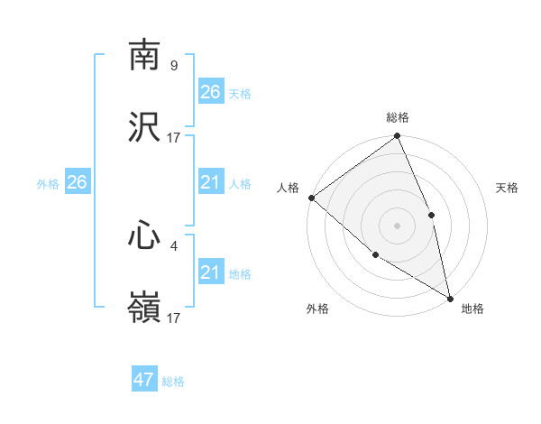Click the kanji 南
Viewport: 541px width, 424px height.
tap(144, 56)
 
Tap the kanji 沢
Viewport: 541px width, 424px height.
tap(144, 127)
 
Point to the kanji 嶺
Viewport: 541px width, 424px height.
tap(144, 308)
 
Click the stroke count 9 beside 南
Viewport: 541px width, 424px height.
tap(173, 65)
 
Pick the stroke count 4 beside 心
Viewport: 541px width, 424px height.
tap(173, 244)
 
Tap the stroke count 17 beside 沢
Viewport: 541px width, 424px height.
tap(174, 137)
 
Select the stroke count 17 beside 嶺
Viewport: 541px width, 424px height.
tap(174, 318)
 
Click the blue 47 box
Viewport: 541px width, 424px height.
tap(144, 380)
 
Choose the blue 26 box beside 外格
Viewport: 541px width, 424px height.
tap(77, 182)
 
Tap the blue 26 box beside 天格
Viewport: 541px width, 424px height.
tap(211, 92)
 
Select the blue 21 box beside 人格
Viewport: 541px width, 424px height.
tap(211, 182)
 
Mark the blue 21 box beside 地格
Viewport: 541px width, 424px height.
tap(211, 272)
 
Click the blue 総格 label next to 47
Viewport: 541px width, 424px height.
tap(173, 382)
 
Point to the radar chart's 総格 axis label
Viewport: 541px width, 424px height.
tap(398, 117)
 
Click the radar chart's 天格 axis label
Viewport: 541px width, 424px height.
tap(508, 188)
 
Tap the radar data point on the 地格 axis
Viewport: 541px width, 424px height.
tap(450, 297)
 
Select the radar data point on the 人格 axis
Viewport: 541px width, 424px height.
tap(311, 198)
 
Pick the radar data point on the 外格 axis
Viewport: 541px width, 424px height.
tap(375, 254)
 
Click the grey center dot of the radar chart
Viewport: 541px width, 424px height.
tap(397, 225)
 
